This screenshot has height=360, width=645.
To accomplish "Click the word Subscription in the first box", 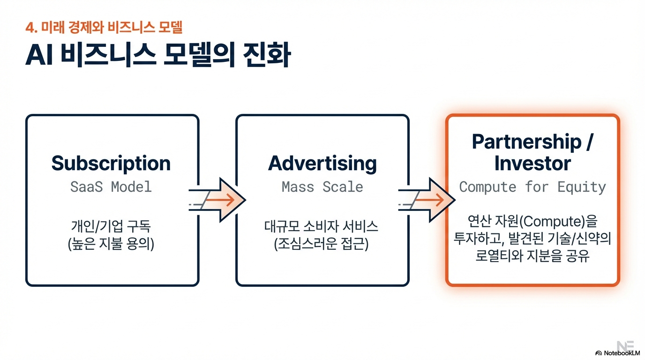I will pos(111,163).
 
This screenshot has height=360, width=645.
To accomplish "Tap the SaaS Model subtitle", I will pos(111,187).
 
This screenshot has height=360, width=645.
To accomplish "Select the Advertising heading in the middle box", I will pos(322,163).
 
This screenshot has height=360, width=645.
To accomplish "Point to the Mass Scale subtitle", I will pos(322,187).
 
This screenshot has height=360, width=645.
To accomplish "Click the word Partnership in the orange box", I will pos(526,142).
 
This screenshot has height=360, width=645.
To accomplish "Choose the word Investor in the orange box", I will pos(532,164).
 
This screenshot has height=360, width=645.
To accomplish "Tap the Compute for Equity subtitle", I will pos(532,187).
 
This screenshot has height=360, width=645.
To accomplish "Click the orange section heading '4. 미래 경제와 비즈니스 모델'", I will pos(104,27).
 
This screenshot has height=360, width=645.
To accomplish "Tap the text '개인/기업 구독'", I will pos(111,227).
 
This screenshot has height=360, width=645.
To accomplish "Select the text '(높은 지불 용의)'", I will pos(111,244).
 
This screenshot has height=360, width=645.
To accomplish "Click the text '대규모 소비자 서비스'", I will pos(322,227).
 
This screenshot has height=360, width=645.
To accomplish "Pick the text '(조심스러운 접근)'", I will pos(322,244).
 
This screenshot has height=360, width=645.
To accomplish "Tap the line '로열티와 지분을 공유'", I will pos(532,256).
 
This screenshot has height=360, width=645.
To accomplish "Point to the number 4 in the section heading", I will pos(29,28).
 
